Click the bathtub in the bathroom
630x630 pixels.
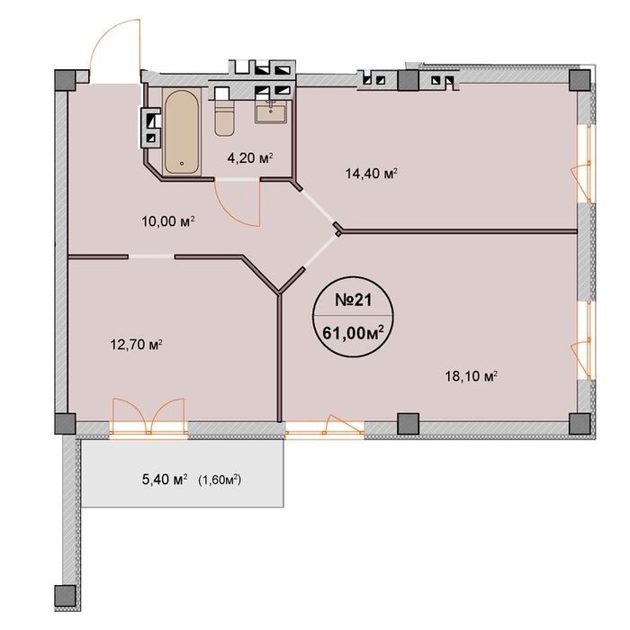coord(182,131)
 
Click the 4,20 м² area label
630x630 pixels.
coord(250,157)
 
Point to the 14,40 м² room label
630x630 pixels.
coord(371,174)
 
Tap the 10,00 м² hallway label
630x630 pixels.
coord(168,221)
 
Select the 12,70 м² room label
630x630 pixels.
coord(136,345)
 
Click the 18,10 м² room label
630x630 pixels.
coord(472,376)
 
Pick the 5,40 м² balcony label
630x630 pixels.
coord(165,480)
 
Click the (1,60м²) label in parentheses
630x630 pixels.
coord(220,480)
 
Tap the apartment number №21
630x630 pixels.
coord(354,300)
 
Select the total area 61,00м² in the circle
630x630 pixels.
coord(353,333)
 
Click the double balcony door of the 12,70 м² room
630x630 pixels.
coord(148,417)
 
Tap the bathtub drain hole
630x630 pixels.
coord(182,164)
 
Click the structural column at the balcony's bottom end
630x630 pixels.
coord(65,596)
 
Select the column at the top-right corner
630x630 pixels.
coord(580,80)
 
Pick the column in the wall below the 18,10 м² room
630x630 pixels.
coord(409,424)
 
